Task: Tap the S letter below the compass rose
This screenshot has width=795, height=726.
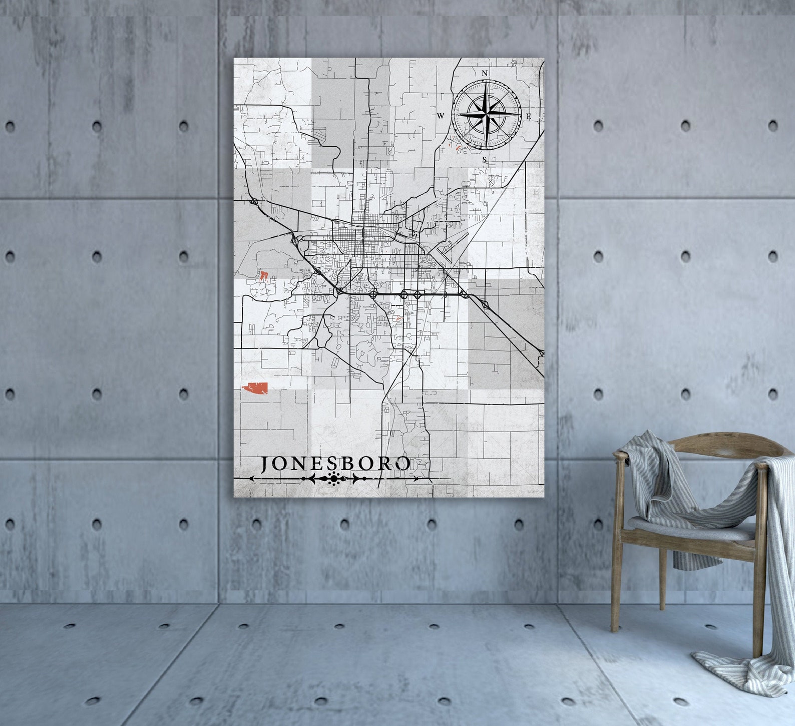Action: pyautogui.click(x=484, y=160)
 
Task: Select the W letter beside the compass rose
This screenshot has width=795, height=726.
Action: pyautogui.click(x=441, y=116)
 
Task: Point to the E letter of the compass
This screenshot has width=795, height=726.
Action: pyautogui.click(x=528, y=116)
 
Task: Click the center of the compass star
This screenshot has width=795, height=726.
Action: pyautogui.click(x=486, y=116)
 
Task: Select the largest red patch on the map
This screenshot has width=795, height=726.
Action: pyautogui.click(x=255, y=389)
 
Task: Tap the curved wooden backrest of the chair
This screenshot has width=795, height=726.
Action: pyautogui.click(x=701, y=443)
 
